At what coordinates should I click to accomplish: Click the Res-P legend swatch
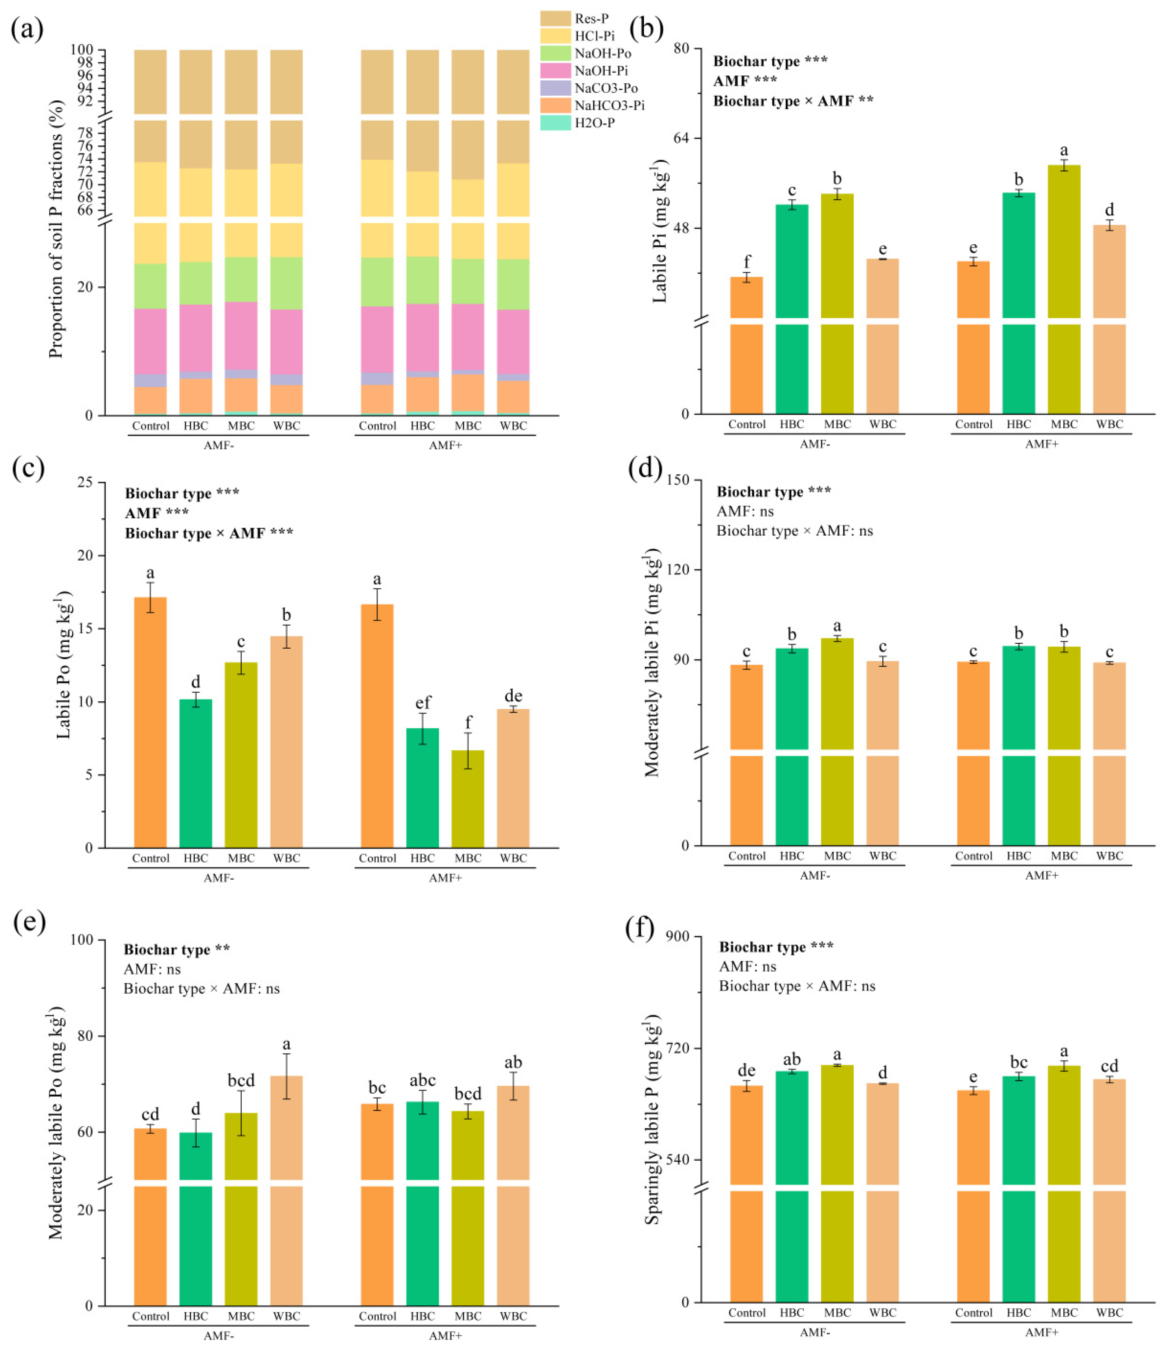(x=556, y=18)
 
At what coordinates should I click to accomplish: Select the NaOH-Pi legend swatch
(x=556, y=71)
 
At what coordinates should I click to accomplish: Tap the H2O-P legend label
(x=594, y=123)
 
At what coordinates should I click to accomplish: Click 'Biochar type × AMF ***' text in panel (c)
(x=209, y=534)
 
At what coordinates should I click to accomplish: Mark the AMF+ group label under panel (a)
(x=445, y=445)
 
